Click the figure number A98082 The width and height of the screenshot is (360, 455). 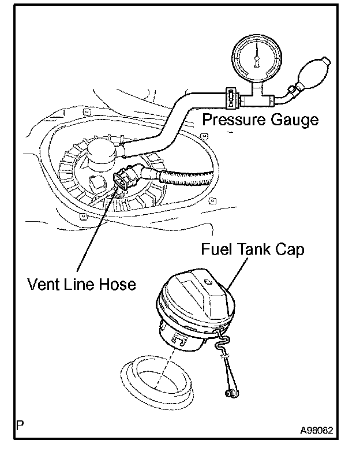coord(316,430)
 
